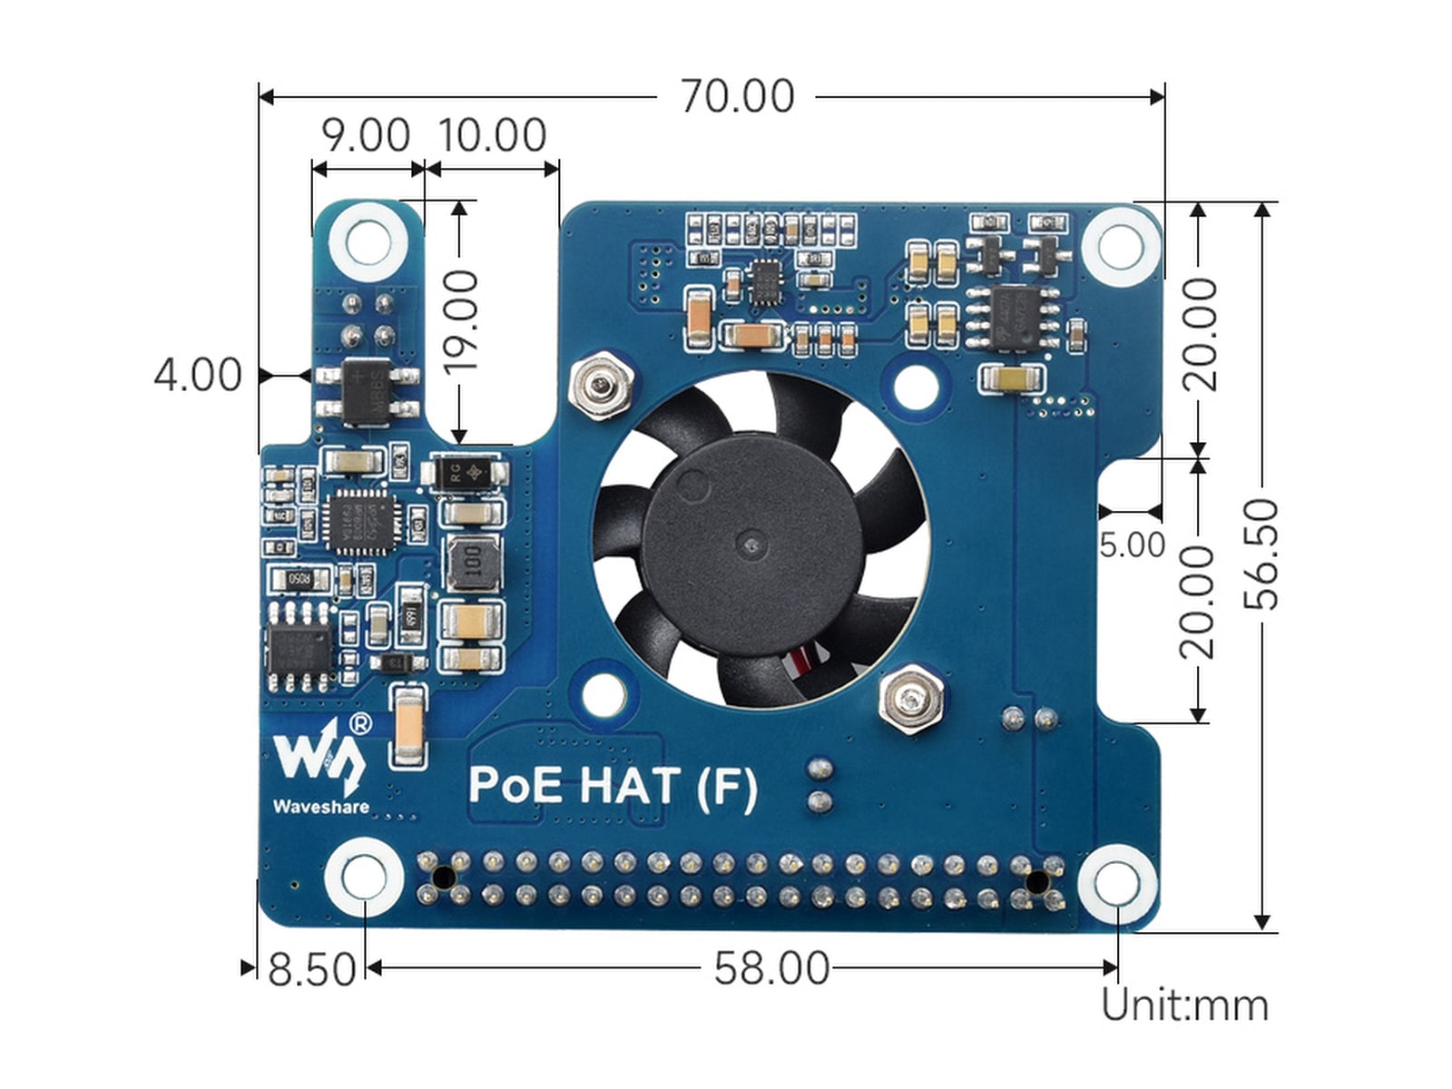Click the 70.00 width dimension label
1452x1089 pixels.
(x=737, y=96)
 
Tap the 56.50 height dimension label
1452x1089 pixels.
(x=1261, y=554)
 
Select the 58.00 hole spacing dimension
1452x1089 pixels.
(x=771, y=968)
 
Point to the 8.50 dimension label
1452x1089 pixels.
(x=311, y=969)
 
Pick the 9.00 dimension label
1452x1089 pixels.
(x=366, y=136)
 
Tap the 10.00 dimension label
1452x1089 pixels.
(x=493, y=136)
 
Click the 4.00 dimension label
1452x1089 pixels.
(x=198, y=375)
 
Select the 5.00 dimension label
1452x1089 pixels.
(x=1132, y=544)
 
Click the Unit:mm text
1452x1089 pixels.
(x=1184, y=1006)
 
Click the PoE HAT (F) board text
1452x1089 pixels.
(x=613, y=786)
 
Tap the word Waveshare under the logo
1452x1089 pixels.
(x=320, y=807)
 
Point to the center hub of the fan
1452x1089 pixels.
(x=751, y=545)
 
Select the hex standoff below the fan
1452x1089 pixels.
(x=910, y=697)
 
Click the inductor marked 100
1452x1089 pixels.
(x=472, y=562)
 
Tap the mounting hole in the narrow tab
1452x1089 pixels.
(x=368, y=242)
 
